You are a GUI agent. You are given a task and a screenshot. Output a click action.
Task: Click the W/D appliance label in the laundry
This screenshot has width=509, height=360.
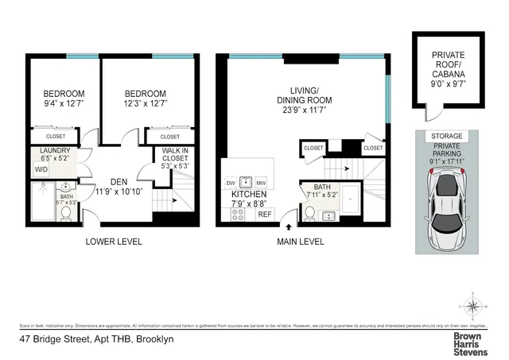click(41, 169)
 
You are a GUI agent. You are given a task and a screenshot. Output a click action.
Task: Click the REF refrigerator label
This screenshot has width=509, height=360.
click(265, 214)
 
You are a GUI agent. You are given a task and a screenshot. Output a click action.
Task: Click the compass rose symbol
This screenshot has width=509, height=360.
click(474, 305)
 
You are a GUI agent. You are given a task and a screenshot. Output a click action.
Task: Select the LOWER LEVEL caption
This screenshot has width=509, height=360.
click(113, 242)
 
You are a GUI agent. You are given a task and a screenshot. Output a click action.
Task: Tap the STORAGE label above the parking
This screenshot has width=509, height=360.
click(446, 137)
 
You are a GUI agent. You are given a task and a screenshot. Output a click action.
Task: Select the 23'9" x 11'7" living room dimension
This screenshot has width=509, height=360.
click(303, 111)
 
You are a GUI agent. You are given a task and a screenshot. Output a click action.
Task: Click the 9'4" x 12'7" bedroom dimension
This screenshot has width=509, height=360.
click(64, 103)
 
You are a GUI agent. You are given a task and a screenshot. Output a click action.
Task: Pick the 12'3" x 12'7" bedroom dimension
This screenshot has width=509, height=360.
click(146, 103)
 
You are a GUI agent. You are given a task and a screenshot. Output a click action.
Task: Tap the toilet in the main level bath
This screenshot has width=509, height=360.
click(310, 214)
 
